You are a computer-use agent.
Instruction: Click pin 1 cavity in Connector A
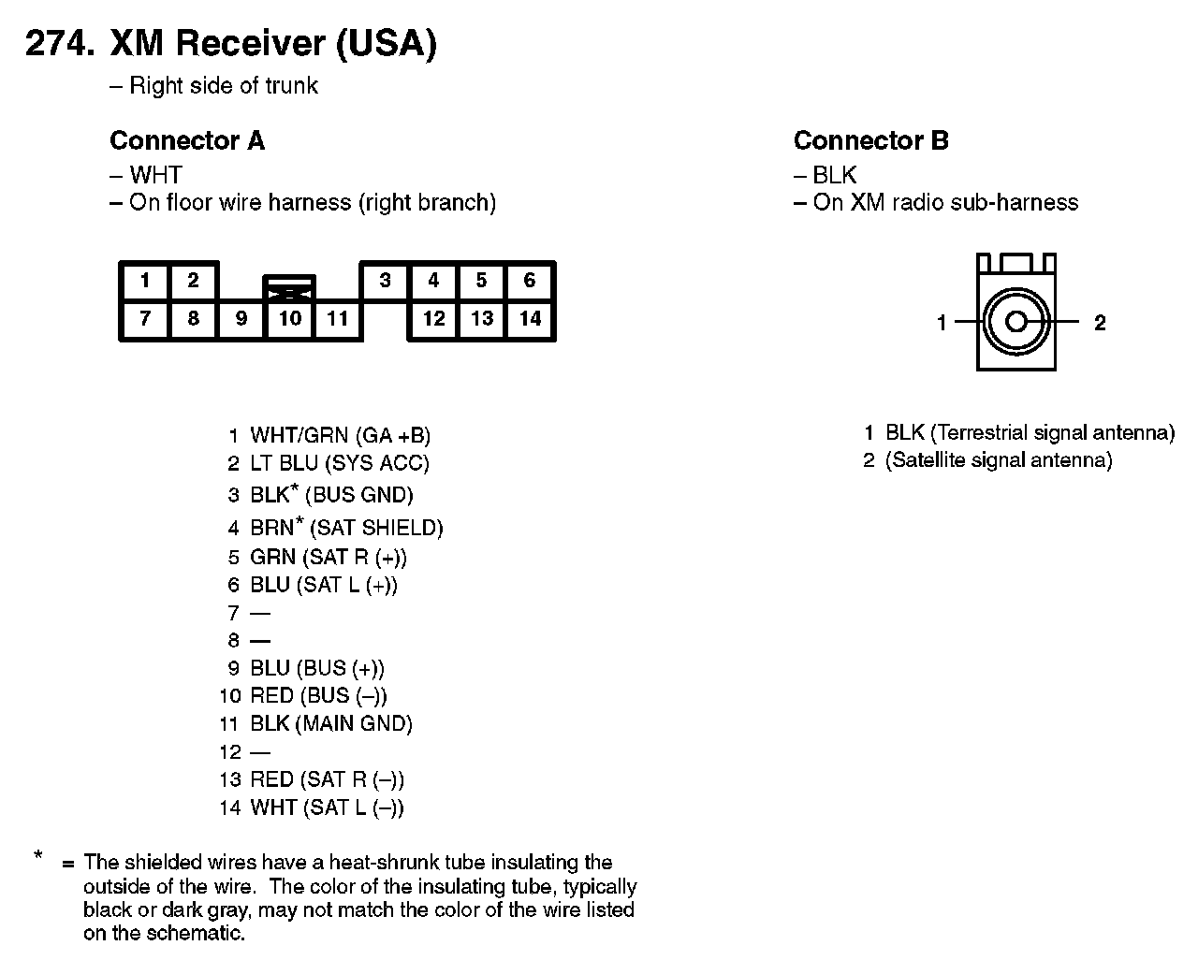(x=145, y=281)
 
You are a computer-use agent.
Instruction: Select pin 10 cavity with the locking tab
(x=289, y=318)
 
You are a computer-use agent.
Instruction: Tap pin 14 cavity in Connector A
(x=530, y=318)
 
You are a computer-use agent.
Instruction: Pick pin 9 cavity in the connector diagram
(x=241, y=318)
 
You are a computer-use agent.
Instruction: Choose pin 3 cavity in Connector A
(x=385, y=281)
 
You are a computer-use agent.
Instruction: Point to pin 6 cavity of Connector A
(x=530, y=281)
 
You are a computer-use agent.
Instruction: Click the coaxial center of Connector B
(x=1016, y=323)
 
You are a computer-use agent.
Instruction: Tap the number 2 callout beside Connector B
(x=1100, y=324)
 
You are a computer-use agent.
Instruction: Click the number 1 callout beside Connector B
(x=942, y=324)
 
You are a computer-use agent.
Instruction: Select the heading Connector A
(x=187, y=141)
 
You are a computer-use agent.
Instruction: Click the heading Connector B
(x=870, y=141)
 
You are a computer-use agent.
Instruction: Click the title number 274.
(x=58, y=44)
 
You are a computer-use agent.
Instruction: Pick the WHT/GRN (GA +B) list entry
(x=340, y=435)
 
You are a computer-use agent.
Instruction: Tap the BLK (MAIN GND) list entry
(x=330, y=723)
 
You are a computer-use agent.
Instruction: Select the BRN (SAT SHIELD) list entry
(x=346, y=528)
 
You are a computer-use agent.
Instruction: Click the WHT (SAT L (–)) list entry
(x=327, y=807)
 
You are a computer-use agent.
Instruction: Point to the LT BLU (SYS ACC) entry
(x=339, y=463)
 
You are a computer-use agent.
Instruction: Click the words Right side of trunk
(x=223, y=86)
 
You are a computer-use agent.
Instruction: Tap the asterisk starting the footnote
(x=38, y=854)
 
